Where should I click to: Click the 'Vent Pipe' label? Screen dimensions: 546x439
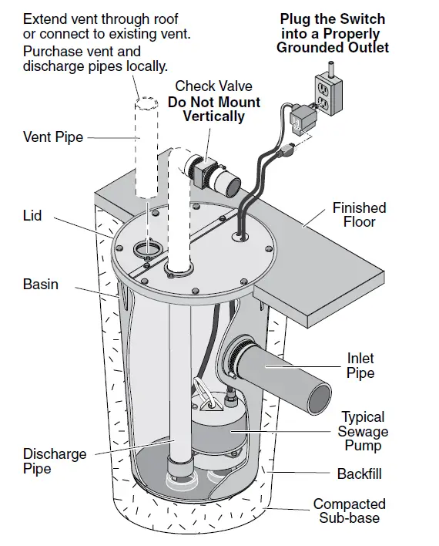tap(53, 137)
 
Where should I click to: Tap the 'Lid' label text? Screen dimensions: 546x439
tap(33, 217)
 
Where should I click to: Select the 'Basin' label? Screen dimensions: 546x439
tap(40, 284)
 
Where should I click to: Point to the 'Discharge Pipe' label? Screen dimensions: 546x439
tap(54, 460)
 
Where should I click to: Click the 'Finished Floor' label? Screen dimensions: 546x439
tap(359, 214)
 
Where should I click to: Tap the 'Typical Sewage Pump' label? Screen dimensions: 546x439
tap(363, 431)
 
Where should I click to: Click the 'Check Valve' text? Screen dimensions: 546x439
tap(213, 86)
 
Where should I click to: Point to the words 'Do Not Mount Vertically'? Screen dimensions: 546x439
tap(213, 110)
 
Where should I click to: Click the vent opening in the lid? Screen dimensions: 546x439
tap(146, 248)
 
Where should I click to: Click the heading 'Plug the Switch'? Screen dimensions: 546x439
tap(332, 19)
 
